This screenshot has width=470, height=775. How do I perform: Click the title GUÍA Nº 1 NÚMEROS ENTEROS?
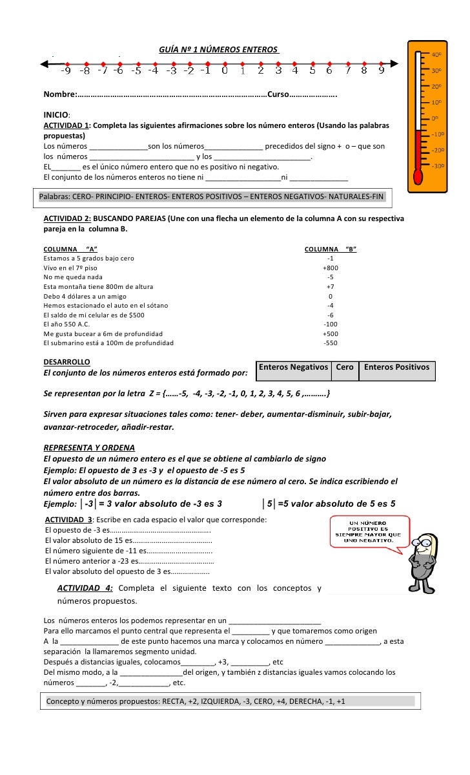(x=219, y=49)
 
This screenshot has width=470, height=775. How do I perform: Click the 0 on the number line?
(x=224, y=70)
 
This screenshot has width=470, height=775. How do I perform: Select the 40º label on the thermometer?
(x=437, y=55)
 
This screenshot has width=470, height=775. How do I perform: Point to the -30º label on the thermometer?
(x=437, y=166)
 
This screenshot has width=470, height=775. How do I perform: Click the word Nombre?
(x=59, y=96)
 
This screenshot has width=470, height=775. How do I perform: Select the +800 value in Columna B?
(x=331, y=268)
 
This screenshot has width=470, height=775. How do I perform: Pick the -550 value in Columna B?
(x=331, y=343)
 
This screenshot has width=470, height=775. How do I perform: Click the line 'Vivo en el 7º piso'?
(x=70, y=268)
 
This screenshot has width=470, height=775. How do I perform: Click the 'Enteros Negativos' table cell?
(x=293, y=368)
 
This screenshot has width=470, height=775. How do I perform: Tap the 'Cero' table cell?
(x=345, y=368)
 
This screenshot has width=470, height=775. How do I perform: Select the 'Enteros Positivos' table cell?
(x=396, y=368)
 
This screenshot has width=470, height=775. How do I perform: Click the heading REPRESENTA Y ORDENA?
(x=89, y=447)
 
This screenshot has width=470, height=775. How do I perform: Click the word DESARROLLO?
(x=66, y=361)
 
